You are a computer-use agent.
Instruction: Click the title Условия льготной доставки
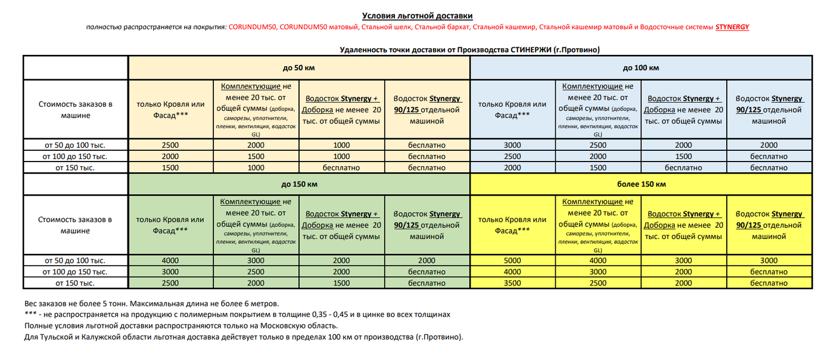pos(417,15)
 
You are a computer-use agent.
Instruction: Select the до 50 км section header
pos(298,68)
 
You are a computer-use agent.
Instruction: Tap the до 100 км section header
pos(640,68)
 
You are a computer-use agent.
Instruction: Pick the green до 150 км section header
pos(298,184)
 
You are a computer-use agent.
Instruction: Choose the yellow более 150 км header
pos(640,184)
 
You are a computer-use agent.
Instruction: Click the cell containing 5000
pos(512,260)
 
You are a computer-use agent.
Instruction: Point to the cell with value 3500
pos(512,283)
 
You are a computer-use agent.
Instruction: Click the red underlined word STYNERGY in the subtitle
pos(732,27)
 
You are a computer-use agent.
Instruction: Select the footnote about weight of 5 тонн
pos(151,303)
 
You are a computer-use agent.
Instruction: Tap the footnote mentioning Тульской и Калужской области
pos(243,337)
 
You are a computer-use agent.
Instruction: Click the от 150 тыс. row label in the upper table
pos(75,168)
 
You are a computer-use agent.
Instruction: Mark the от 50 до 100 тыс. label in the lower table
pos(75,260)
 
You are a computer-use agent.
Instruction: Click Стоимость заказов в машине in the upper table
pos(75,110)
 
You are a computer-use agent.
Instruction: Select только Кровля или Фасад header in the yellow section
pos(512,225)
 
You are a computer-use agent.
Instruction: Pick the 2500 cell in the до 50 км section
pos(170,145)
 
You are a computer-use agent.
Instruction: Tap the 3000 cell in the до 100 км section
pos(512,145)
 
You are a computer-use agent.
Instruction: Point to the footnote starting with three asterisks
pos(237,314)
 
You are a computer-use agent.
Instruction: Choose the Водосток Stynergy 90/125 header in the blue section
pos(768,110)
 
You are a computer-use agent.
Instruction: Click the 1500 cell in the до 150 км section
pos(341,283)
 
